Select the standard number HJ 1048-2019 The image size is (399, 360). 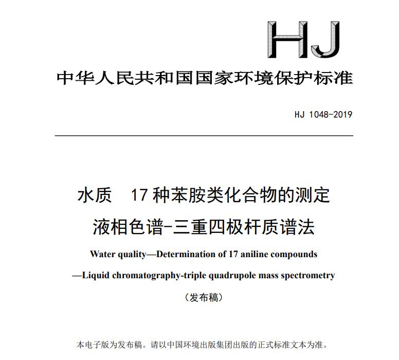[323, 114]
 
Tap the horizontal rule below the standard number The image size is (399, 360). [204, 136]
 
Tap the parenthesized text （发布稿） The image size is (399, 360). [204, 297]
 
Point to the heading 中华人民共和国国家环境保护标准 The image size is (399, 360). [204, 78]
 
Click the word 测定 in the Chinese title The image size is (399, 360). [313, 196]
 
